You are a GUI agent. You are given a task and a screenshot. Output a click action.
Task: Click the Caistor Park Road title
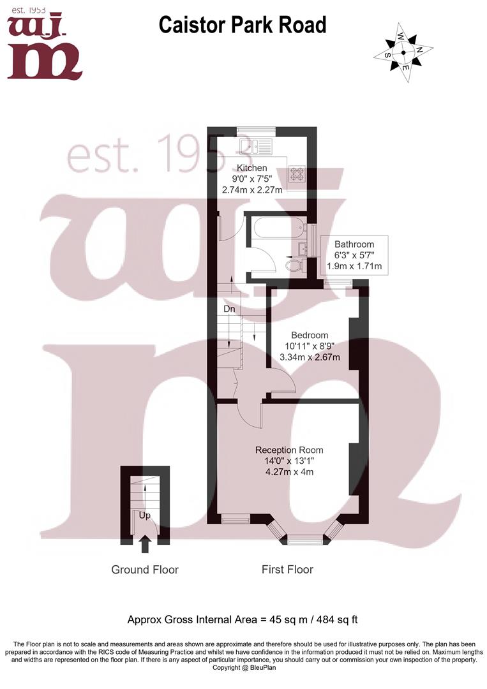click(242, 25)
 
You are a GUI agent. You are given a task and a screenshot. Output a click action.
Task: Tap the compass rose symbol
click(403, 53)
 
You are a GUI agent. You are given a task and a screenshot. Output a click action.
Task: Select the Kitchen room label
click(252, 168)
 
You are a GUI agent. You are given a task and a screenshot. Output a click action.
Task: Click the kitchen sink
click(256, 146)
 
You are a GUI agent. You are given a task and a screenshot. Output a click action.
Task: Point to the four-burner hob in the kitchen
click(297, 174)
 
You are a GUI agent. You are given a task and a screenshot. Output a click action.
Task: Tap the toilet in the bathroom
click(294, 265)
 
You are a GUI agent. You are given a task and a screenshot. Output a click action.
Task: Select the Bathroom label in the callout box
click(354, 244)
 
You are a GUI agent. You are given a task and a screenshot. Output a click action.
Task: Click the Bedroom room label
click(310, 336)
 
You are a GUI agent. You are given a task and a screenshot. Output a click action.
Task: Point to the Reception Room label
click(289, 450)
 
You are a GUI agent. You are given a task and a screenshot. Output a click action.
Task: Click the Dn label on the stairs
click(229, 309)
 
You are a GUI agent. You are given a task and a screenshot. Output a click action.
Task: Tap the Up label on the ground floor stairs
click(145, 515)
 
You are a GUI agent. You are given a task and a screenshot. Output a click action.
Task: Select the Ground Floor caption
click(145, 570)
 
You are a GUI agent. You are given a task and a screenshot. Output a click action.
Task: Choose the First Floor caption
click(287, 570)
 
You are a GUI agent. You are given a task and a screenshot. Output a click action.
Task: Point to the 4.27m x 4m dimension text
click(289, 472)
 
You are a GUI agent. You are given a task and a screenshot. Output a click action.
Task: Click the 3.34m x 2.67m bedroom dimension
click(310, 357)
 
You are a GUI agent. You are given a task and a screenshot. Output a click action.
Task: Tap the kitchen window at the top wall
click(256, 130)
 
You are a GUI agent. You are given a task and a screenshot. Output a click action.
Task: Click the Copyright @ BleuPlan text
click(244, 668)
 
